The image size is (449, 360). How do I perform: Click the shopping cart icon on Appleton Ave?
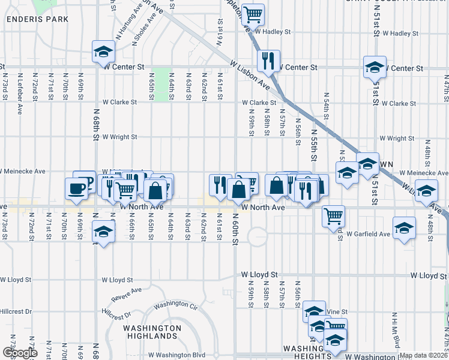pyautogui.click(x=253, y=13)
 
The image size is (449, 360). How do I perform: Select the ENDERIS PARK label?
pyautogui.click(x=37, y=19)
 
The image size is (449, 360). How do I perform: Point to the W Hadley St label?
pyautogui.click(x=273, y=32)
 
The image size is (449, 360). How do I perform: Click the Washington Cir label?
pyautogui.click(x=175, y=305)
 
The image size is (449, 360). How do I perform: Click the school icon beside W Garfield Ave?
pyautogui.click(x=406, y=229)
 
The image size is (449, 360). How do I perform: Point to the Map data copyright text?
pyautogui.click(x=424, y=355)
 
